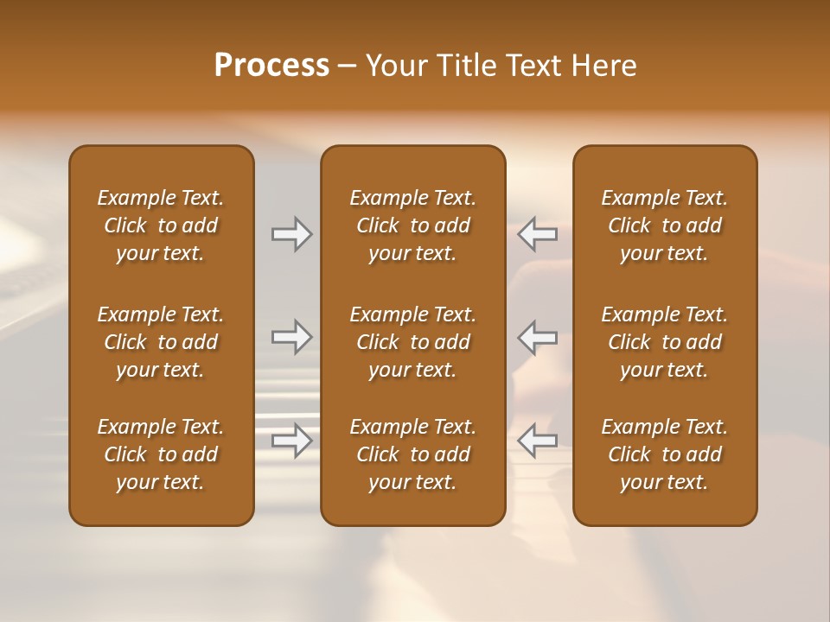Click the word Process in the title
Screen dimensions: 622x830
pyautogui.click(x=271, y=65)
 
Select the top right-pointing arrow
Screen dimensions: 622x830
pyautogui.click(x=291, y=234)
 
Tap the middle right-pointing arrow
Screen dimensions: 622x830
pyautogui.click(x=291, y=337)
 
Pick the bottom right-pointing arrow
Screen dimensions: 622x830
pyautogui.click(x=291, y=441)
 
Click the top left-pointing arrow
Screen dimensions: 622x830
pyautogui.click(x=537, y=234)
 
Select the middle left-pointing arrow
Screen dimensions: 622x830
pyautogui.click(x=537, y=337)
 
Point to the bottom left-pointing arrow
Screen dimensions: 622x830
pyautogui.click(x=537, y=441)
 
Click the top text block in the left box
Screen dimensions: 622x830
pyautogui.click(x=161, y=225)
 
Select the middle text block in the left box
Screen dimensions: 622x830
pyautogui.click(x=161, y=342)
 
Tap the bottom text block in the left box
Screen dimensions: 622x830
pyautogui.click(x=161, y=454)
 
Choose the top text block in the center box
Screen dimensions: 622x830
pyautogui.click(x=412, y=225)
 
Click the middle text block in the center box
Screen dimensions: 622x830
pyautogui.click(x=412, y=342)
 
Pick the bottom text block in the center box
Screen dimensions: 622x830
pyautogui.click(x=412, y=454)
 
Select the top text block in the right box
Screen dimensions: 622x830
pyautogui.click(x=664, y=225)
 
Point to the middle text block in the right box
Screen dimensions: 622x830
pyautogui.click(x=664, y=342)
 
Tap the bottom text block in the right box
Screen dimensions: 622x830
pyautogui.click(x=664, y=454)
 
